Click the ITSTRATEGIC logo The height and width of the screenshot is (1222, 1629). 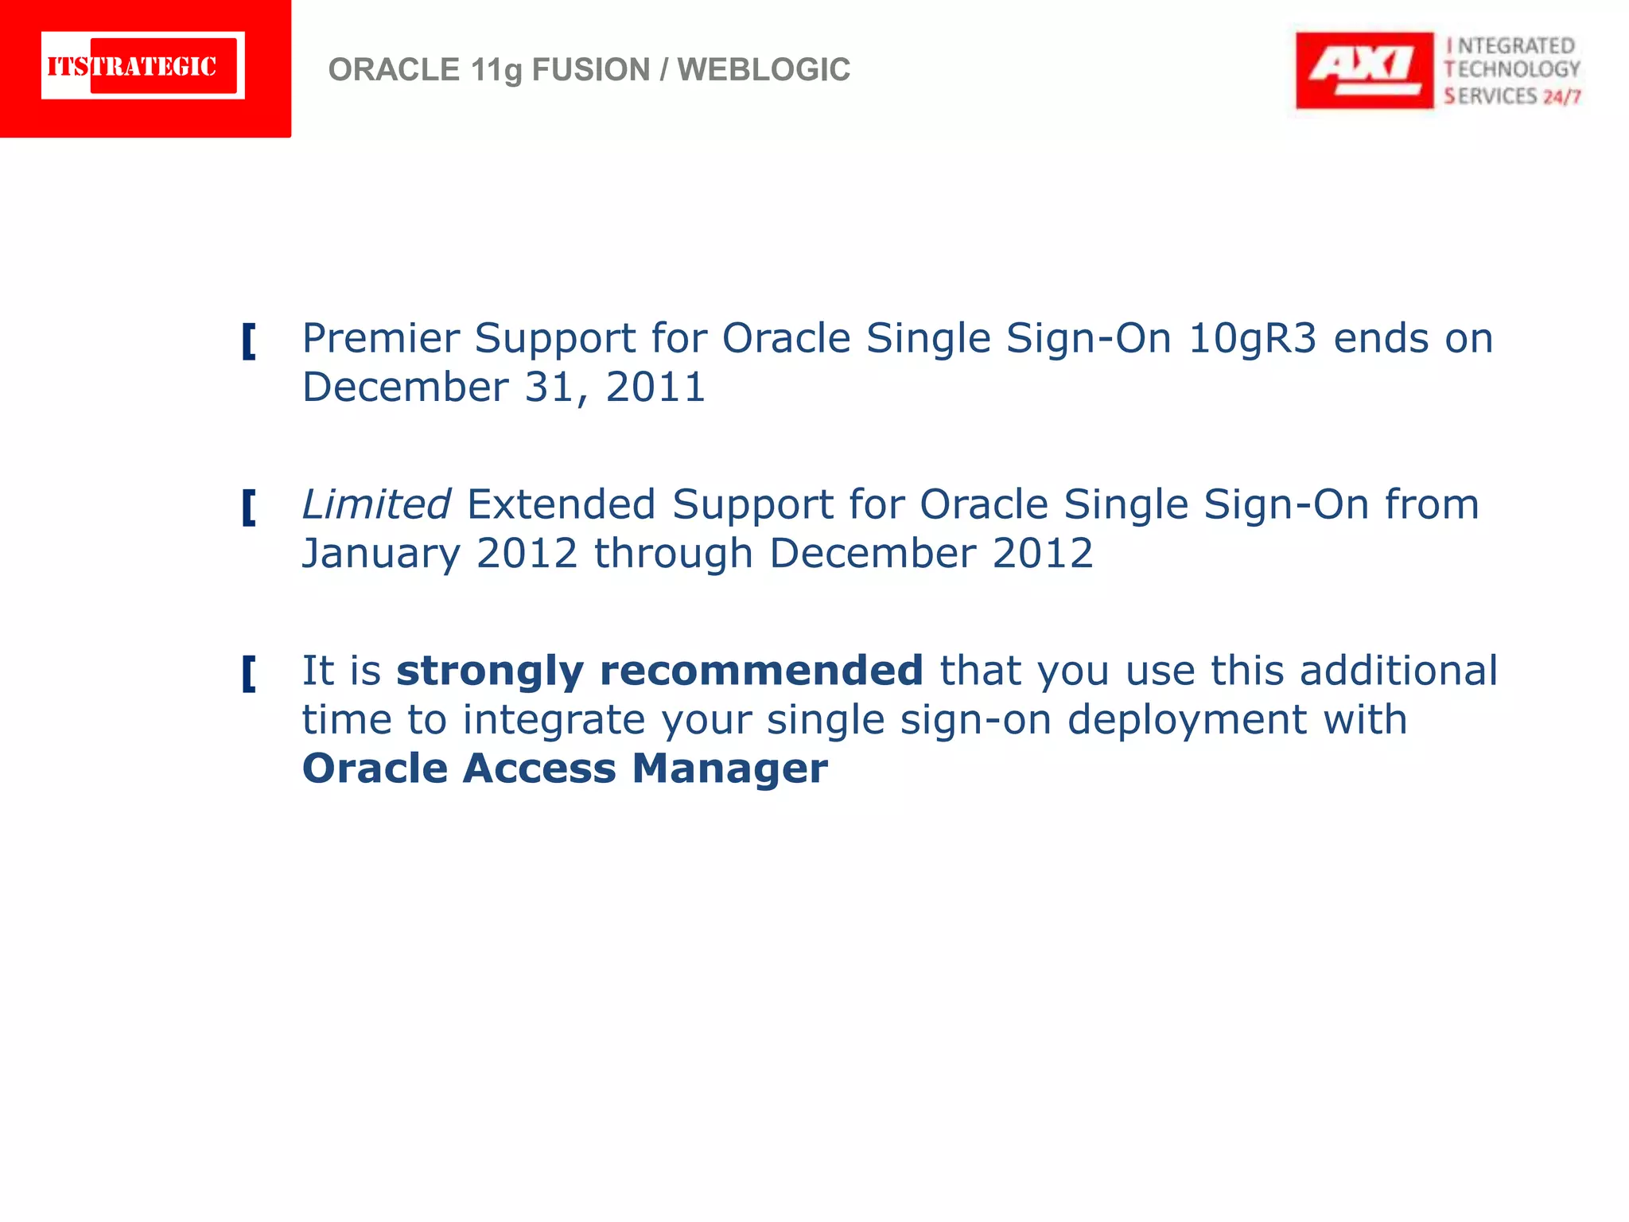[143, 66]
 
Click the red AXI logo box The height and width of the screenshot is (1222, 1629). [1363, 70]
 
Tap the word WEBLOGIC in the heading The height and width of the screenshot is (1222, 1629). [764, 70]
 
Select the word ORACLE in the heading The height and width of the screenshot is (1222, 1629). [394, 70]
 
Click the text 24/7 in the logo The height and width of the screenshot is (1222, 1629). [1561, 97]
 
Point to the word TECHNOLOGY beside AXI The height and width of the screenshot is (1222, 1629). [1512, 70]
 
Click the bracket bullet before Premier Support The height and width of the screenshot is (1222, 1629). [249, 341]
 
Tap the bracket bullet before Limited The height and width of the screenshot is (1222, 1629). [249, 508]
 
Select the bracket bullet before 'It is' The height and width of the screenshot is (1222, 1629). [249, 674]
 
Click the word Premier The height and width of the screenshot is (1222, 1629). [380, 338]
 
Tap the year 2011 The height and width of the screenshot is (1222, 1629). [655, 387]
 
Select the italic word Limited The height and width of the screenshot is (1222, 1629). [376, 504]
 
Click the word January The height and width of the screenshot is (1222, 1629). [380, 554]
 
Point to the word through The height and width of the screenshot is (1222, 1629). [673, 554]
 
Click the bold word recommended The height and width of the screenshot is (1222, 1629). [760, 671]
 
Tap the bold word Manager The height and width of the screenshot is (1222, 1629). [729, 769]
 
